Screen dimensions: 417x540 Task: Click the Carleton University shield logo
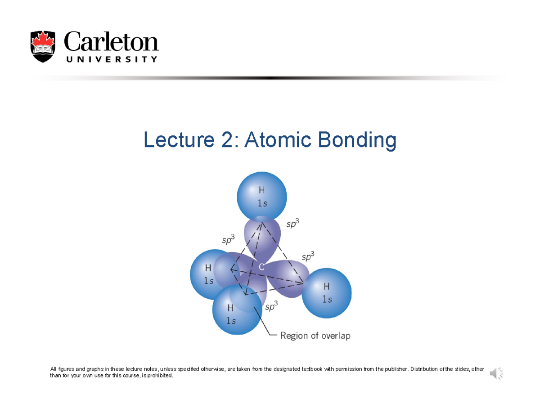[43, 47]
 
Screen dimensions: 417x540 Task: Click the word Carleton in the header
[111, 42]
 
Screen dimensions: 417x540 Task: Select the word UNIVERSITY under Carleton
[111, 59]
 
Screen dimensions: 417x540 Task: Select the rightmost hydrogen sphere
[326, 293]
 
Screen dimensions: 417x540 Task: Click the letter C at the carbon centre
[261, 267]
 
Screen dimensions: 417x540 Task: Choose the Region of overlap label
[315, 336]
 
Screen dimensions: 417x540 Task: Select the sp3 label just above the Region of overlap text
[271, 307]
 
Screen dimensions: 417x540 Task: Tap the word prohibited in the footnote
[159, 376]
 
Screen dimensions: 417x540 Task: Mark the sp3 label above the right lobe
[308, 256]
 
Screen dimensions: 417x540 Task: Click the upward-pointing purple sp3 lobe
[262, 238]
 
